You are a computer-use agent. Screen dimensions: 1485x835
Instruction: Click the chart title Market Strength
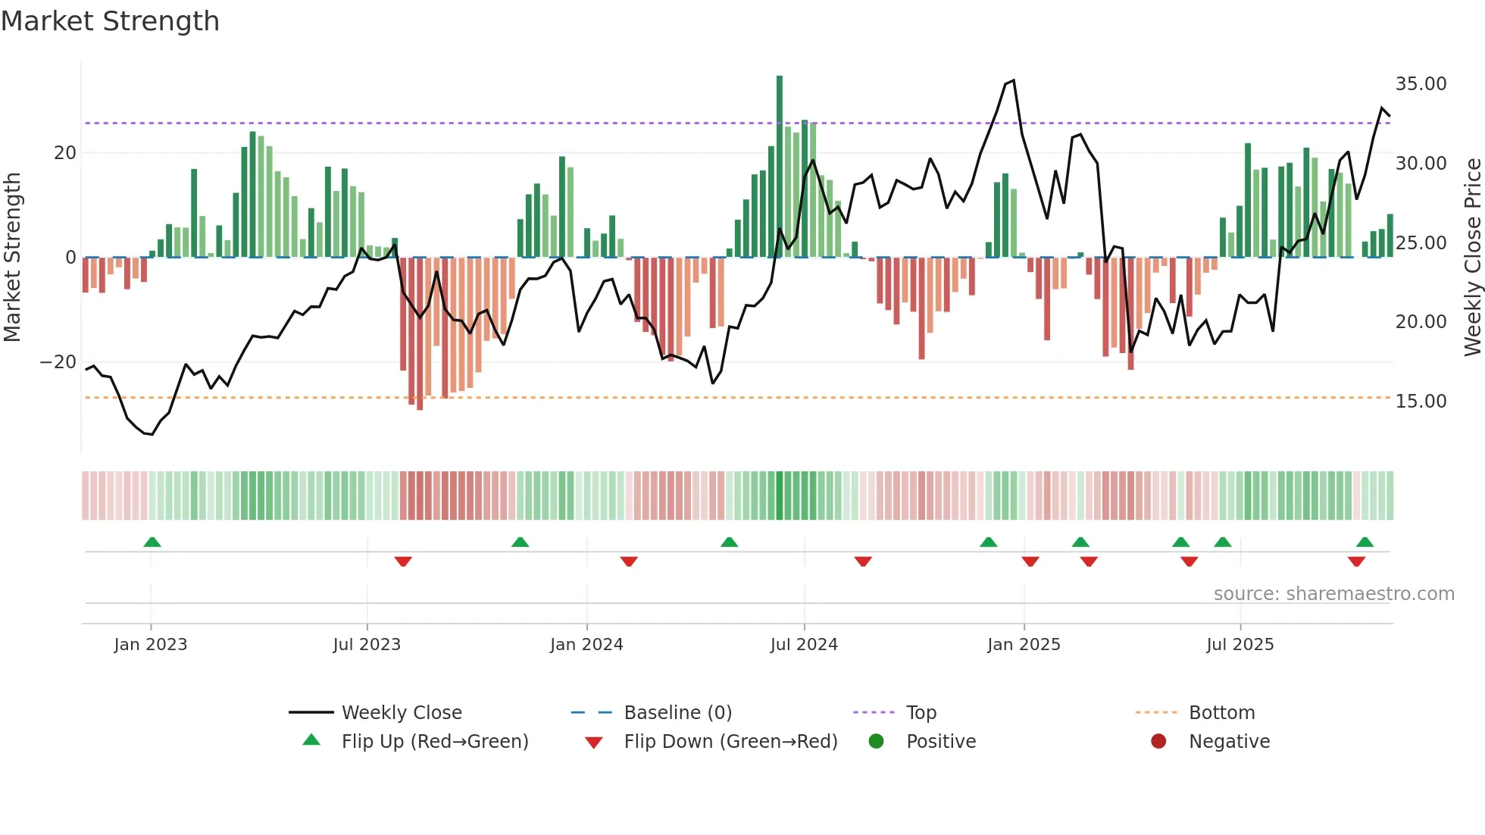point(110,21)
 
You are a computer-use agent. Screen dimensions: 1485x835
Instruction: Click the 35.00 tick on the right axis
point(1421,84)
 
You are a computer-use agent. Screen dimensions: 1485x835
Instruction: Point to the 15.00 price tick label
point(1421,402)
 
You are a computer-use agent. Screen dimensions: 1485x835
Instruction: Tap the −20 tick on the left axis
point(58,362)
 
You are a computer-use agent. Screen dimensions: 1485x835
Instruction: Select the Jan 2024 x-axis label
point(586,645)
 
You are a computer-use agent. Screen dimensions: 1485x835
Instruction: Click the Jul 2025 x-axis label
point(1240,645)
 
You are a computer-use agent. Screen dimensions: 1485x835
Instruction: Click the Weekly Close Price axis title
point(1472,257)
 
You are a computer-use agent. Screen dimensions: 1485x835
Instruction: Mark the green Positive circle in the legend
point(877,742)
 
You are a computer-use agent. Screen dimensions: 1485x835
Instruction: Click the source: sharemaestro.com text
point(1333,594)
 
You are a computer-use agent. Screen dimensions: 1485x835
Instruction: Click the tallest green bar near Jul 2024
point(779,167)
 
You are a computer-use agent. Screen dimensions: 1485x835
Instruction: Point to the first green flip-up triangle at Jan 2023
point(152,543)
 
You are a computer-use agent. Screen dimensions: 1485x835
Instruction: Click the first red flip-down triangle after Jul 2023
point(403,561)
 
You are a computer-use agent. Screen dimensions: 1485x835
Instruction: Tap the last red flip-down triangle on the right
point(1356,561)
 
